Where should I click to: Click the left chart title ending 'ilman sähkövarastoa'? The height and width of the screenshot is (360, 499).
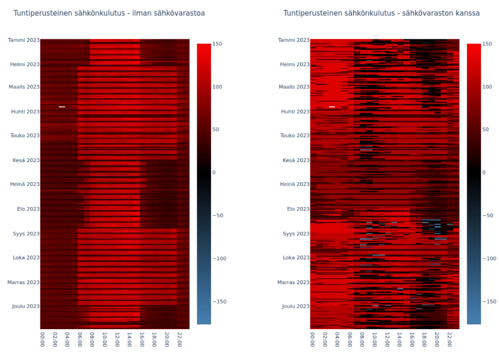pos(109,13)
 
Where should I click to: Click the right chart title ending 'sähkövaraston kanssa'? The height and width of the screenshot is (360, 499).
pos(381,13)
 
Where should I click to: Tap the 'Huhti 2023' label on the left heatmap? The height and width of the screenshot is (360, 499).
pos(24,111)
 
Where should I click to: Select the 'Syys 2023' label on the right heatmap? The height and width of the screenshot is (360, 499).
pos(295,233)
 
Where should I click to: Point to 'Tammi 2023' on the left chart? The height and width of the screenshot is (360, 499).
pos(24,40)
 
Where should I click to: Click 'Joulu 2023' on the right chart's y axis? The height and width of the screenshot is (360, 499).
pos(295,306)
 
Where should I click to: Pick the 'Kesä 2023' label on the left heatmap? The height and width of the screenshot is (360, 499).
pos(26,160)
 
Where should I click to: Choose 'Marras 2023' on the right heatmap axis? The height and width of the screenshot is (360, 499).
pos(294,282)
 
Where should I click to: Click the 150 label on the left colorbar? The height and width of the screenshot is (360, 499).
pos(217,44)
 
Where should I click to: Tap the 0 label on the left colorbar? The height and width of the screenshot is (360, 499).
pos(214,173)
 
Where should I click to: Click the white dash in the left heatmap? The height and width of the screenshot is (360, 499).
pos(62,107)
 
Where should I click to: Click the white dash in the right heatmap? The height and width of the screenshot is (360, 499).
pos(332,107)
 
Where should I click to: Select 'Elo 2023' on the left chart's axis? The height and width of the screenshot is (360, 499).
pos(26,209)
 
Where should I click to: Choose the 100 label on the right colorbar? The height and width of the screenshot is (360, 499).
pos(487,87)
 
